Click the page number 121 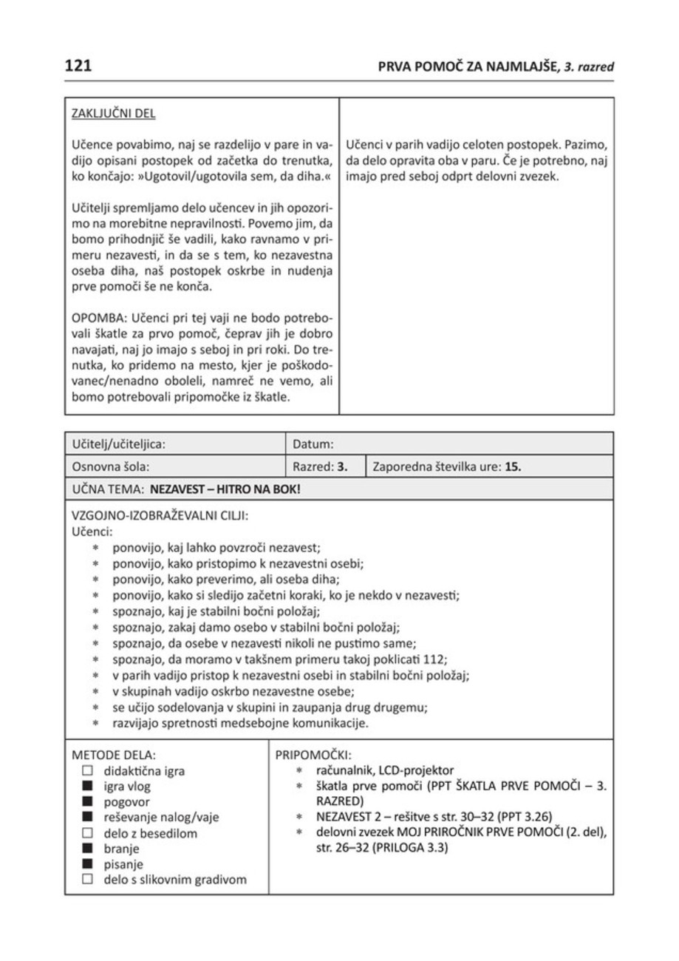(x=78, y=66)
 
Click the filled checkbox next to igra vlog (x=86, y=787)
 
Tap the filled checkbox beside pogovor (x=86, y=802)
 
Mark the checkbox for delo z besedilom (x=86, y=833)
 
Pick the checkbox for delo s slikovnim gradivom (x=86, y=879)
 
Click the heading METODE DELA (x=113, y=755)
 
